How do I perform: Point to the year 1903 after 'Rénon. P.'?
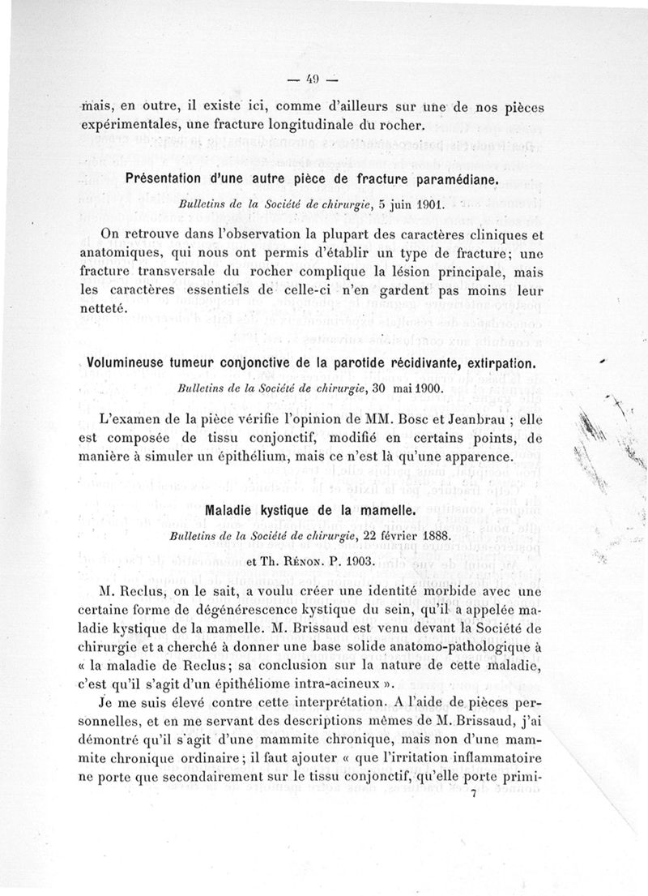pos(356,560)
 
